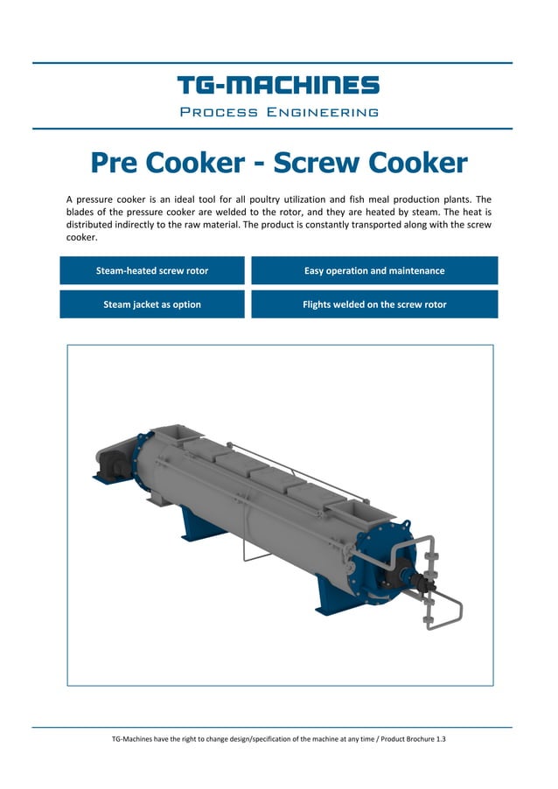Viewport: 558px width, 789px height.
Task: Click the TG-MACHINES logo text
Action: point(278,85)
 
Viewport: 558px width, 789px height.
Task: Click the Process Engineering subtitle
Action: point(278,112)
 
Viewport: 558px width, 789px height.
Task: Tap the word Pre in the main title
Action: point(114,164)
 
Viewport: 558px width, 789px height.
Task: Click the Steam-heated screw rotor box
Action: point(152,270)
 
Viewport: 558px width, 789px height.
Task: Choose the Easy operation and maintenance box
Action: point(374,270)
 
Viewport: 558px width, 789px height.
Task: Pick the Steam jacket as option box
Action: point(152,304)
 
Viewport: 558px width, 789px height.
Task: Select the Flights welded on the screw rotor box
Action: point(374,304)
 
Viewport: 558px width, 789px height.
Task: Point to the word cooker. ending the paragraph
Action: point(81,237)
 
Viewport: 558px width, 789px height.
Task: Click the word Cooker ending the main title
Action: point(417,164)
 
